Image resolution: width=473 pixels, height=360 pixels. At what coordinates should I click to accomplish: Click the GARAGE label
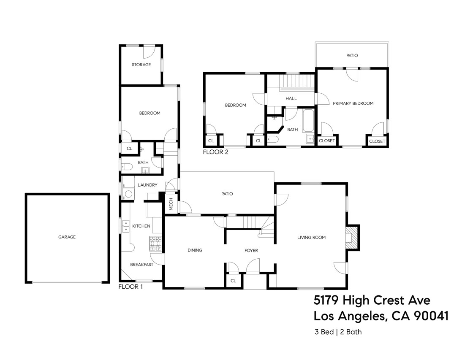(67, 237)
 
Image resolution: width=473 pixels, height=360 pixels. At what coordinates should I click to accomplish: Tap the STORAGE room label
(141, 65)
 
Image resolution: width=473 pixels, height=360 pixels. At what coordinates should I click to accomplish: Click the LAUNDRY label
(147, 185)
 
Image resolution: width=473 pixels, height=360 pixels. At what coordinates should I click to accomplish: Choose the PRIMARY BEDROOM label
(353, 103)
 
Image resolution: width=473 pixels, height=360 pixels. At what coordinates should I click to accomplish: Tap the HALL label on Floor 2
(291, 98)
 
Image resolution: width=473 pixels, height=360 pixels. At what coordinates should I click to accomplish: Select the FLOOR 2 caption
(215, 152)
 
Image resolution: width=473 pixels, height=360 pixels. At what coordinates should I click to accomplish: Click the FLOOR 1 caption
(130, 287)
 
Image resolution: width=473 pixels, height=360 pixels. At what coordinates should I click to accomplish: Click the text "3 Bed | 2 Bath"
(338, 332)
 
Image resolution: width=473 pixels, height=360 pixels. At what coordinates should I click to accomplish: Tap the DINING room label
(195, 250)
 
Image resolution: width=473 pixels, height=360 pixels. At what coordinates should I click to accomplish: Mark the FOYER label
(251, 251)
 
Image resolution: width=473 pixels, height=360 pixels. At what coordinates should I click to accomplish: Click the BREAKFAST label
(141, 265)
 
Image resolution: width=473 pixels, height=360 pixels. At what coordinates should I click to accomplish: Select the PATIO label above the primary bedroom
(352, 55)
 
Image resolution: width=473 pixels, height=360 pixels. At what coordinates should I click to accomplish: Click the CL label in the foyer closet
(233, 281)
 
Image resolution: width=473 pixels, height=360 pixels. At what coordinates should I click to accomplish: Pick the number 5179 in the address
(326, 300)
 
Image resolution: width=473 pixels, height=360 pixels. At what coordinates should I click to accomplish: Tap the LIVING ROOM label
(311, 238)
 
